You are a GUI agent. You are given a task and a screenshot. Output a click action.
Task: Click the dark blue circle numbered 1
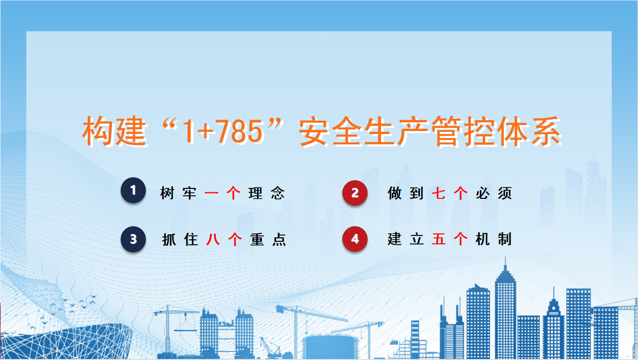134,190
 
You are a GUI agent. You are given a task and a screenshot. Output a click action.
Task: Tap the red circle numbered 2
355,193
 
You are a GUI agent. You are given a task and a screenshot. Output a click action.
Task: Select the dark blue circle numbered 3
134,239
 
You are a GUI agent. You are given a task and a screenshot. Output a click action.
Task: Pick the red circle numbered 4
355,239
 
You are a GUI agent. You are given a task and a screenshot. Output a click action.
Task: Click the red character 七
439,193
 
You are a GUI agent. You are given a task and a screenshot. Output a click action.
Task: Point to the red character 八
213,239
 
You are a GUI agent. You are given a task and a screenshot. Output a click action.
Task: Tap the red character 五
439,239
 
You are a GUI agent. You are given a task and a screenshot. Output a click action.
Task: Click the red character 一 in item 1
211,193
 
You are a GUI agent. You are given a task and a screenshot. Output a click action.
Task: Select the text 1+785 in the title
223,132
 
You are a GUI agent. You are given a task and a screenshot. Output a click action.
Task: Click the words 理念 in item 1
267,193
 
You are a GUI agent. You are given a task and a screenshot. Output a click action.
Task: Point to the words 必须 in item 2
494,193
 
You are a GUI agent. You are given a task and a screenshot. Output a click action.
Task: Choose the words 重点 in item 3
268,239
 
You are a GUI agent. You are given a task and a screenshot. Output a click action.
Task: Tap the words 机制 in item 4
494,239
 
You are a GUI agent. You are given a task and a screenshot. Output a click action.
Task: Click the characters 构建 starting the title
115,132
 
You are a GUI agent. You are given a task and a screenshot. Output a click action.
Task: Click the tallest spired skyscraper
505,311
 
